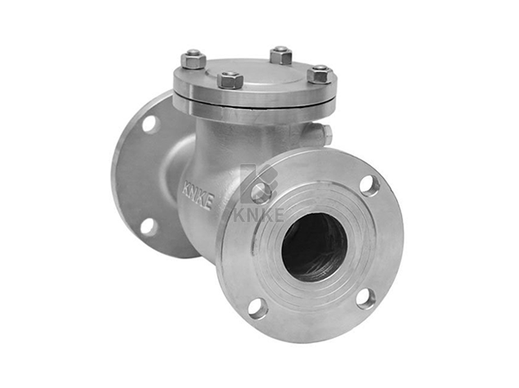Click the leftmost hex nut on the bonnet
(x=193, y=60)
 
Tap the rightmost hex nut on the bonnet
(x=320, y=73)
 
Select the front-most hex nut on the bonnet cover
(x=230, y=80)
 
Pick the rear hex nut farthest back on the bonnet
(x=280, y=55)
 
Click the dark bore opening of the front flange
(x=315, y=247)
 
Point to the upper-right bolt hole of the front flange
(x=370, y=186)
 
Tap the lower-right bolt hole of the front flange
(x=366, y=300)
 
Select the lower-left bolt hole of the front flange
(x=258, y=308)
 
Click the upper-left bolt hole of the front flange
(x=261, y=194)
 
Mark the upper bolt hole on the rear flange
(x=151, y=124)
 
